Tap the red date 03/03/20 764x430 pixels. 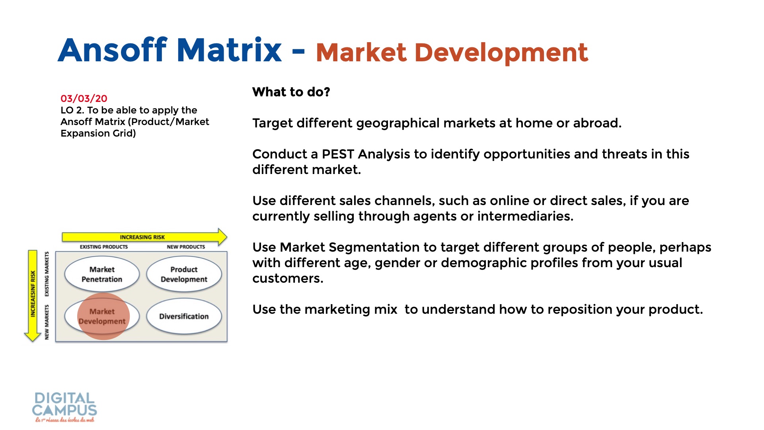(84, 98)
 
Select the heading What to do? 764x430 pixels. (291, 92)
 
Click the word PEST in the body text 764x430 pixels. (338, 154)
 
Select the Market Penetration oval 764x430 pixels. (102, 274)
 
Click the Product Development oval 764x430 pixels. (184, 274)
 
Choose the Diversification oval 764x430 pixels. (184, 317)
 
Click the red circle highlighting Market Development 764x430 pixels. (103, 317)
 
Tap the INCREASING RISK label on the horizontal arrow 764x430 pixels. (142, 237)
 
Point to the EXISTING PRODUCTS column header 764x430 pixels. (104, 247)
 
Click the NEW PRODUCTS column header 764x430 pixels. (186, 247)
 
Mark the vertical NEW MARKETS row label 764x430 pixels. (47, 322)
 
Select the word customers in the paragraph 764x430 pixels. (288, 279)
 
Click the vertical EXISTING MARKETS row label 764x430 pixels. (47, 274)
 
